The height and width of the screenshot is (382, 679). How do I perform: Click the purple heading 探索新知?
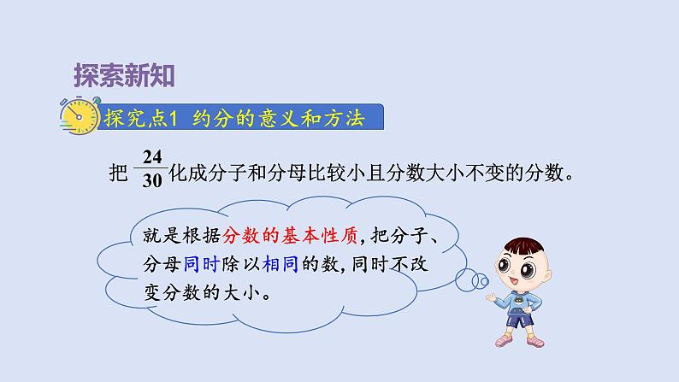(124, 76)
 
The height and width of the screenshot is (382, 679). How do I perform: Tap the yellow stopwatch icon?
(80, 115)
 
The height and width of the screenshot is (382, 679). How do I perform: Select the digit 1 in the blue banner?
(174, 118)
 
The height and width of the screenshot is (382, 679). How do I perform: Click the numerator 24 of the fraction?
(152, 156)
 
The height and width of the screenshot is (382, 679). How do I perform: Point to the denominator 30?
(152, 180)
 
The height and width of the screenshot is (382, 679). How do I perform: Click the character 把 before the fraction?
(118, 173)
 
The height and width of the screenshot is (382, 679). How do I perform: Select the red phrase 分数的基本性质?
(290, 236)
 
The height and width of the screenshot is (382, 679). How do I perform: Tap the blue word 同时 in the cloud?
(201, 264)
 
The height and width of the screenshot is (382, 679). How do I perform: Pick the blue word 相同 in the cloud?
(280, 264)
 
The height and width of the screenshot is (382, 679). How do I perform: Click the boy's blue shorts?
(520, 320)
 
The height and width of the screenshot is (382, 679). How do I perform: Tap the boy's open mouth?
(513, 283)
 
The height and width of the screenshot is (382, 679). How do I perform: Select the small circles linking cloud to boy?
(472, 280)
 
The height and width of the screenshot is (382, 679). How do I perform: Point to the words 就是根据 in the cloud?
(182, 236)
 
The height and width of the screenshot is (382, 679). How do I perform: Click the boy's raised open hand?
(491, 297)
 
